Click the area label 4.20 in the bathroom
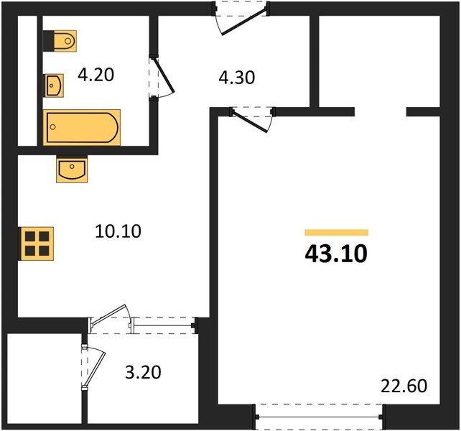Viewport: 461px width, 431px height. click(96, 75)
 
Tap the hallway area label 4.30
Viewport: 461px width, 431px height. click(237, 78)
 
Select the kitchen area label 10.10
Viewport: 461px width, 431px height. click(118, 231)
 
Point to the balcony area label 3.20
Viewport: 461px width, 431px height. click(143, 372)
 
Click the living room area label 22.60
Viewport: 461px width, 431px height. click(404, 386)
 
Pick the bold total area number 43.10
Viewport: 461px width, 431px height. click(336, 254)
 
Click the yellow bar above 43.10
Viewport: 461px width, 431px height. click(337, 233)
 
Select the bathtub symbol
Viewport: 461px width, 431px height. click(82, 127)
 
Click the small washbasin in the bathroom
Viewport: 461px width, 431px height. click(55, 85)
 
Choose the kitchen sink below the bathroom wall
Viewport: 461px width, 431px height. click(72, 170)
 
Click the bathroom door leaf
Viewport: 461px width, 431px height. click(164, 75)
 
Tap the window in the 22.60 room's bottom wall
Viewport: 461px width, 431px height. click(319, 417)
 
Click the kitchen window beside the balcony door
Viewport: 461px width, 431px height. click(164, 325)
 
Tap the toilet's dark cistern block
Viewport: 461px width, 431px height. click(49, 41)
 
